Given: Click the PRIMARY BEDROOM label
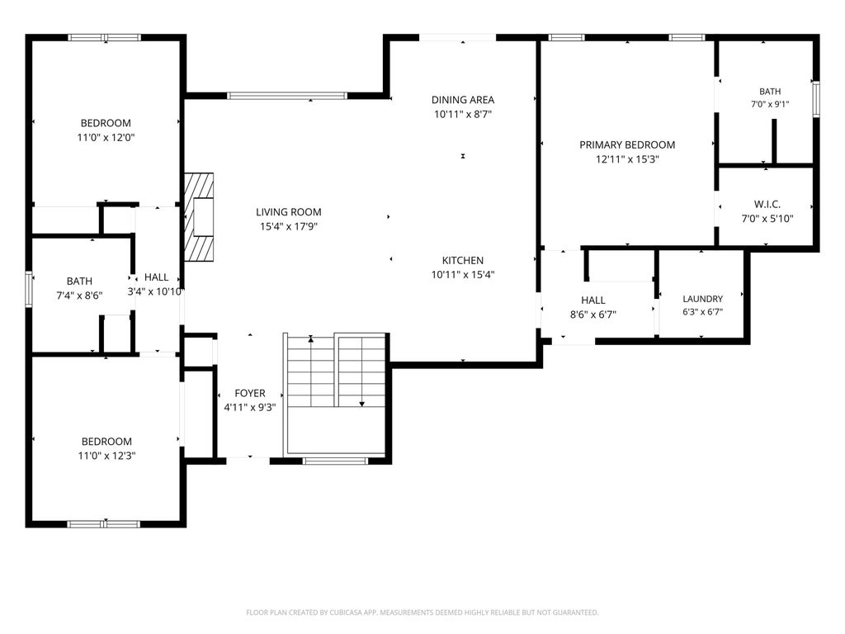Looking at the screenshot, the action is [627, 145].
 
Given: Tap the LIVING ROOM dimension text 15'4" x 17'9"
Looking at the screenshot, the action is [288, 226].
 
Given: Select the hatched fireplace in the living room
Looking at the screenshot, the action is [199, 217].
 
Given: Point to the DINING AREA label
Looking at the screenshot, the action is [462, 100].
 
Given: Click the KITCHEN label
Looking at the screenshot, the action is [462, 260].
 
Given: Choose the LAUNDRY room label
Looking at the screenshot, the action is [703, 299].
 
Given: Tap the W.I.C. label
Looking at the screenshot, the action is [767, 205].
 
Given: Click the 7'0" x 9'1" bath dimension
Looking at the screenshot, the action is [770, 104].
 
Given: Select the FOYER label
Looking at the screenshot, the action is [249, 394].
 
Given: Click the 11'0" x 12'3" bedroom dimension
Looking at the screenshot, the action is [106, 456].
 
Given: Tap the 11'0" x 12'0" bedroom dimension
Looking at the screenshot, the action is [106, 138].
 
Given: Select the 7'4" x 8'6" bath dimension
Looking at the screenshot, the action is [79, 296].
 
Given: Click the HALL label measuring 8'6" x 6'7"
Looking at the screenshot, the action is [592, 300].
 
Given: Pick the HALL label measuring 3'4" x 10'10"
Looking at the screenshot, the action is [156, 277].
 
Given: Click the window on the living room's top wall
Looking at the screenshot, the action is [286, 96].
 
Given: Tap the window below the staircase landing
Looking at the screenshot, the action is [335, 461].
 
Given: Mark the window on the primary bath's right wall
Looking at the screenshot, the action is [816, 99].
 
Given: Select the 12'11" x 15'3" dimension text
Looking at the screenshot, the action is [627, 159].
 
